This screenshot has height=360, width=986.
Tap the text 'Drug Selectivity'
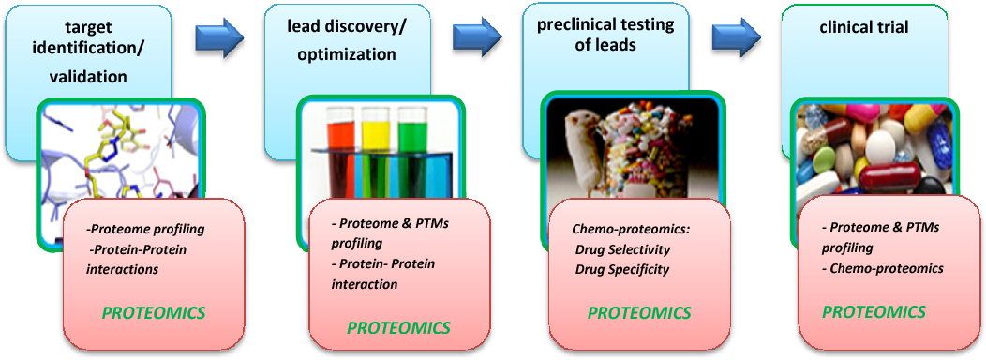622,250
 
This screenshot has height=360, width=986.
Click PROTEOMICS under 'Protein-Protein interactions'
154,312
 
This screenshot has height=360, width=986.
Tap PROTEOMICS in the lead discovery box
398,327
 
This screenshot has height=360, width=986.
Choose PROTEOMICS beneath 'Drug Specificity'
639,312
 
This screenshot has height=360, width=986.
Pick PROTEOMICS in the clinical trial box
874,311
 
